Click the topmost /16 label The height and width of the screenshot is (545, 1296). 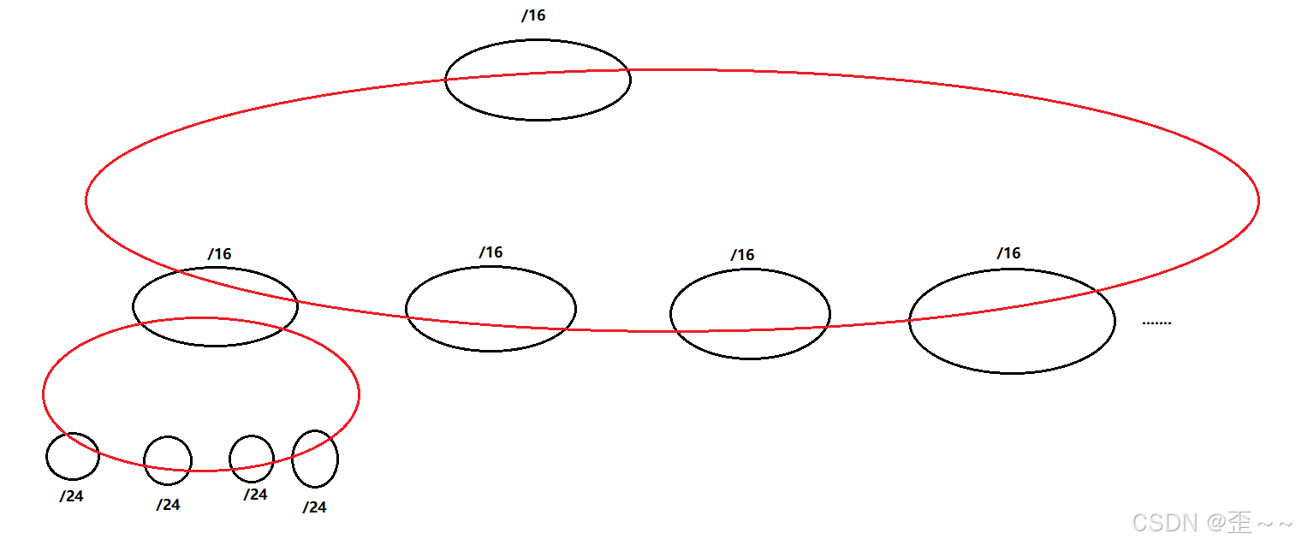533,16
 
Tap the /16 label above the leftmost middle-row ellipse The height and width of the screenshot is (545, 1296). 219,254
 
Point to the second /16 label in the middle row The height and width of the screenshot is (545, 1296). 490,252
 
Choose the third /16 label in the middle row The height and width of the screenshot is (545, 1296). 742,255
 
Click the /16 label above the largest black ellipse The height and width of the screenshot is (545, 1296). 1008,253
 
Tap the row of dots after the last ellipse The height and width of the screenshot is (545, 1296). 1156,323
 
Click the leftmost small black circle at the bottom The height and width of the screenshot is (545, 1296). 73,456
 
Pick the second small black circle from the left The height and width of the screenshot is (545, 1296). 168,460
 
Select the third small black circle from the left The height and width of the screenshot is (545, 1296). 252,459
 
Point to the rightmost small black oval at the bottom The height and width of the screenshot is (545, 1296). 315,459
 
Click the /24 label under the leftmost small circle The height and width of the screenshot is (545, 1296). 72,496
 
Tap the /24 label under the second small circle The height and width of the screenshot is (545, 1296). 168,505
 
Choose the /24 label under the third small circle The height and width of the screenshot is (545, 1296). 255,495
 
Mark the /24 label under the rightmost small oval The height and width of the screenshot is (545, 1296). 314,507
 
